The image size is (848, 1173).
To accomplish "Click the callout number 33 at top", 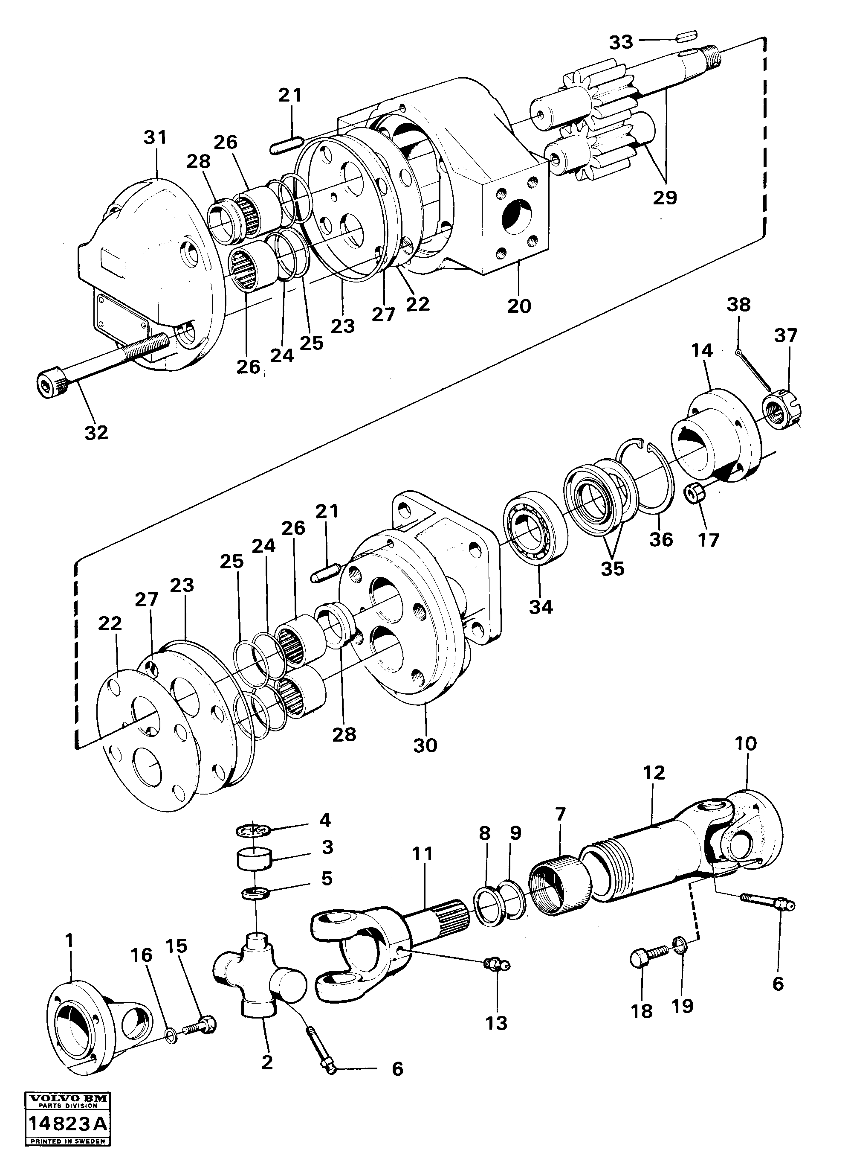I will click(x=621, y=42).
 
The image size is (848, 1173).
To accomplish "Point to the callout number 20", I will click(x=518, y=306).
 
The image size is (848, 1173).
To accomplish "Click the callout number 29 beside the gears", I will click(x=665, y=198).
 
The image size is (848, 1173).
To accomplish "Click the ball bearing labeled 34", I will click(x=534, y=529).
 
